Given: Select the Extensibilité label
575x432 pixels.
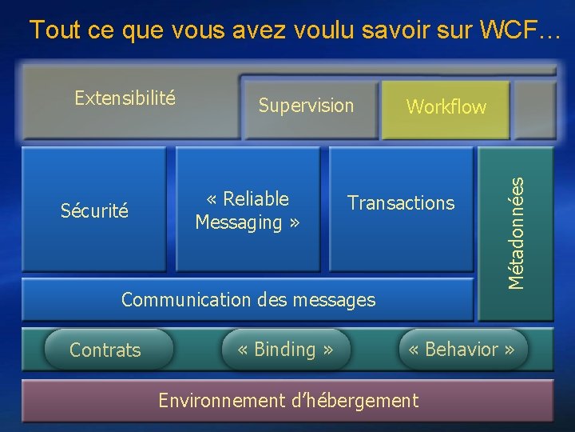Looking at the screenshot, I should coord(125,98).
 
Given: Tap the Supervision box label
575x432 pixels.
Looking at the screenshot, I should coord(306,106).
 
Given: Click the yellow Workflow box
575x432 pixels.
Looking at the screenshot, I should coord(446,107).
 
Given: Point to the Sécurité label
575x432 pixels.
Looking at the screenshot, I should coord(94,211).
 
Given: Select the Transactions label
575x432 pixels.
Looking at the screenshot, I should coord(401,203).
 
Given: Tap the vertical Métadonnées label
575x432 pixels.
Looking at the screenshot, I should coord(517,234).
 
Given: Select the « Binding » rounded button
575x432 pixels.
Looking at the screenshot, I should coord(285,350).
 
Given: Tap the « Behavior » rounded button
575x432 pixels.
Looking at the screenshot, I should coord(462,350).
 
